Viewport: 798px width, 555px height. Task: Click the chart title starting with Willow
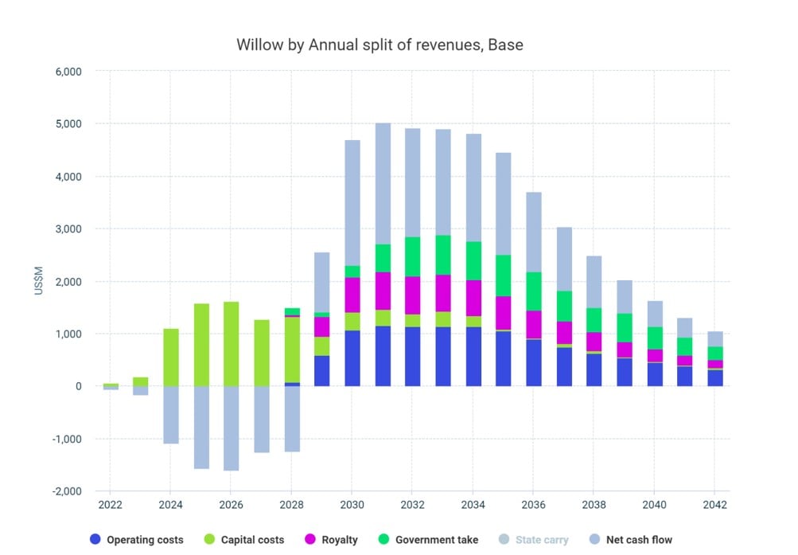point(380,45)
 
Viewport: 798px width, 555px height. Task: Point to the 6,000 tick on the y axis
point(67,72)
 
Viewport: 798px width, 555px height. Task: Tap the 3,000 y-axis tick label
point(67,229)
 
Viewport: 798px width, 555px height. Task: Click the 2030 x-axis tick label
point(352,505)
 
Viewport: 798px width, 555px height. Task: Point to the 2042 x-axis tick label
point(714,505)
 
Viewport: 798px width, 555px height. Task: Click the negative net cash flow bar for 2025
point(200,427)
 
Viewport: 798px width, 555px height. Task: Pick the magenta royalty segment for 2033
point(443,293)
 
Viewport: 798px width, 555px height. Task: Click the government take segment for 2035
point(504,276)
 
